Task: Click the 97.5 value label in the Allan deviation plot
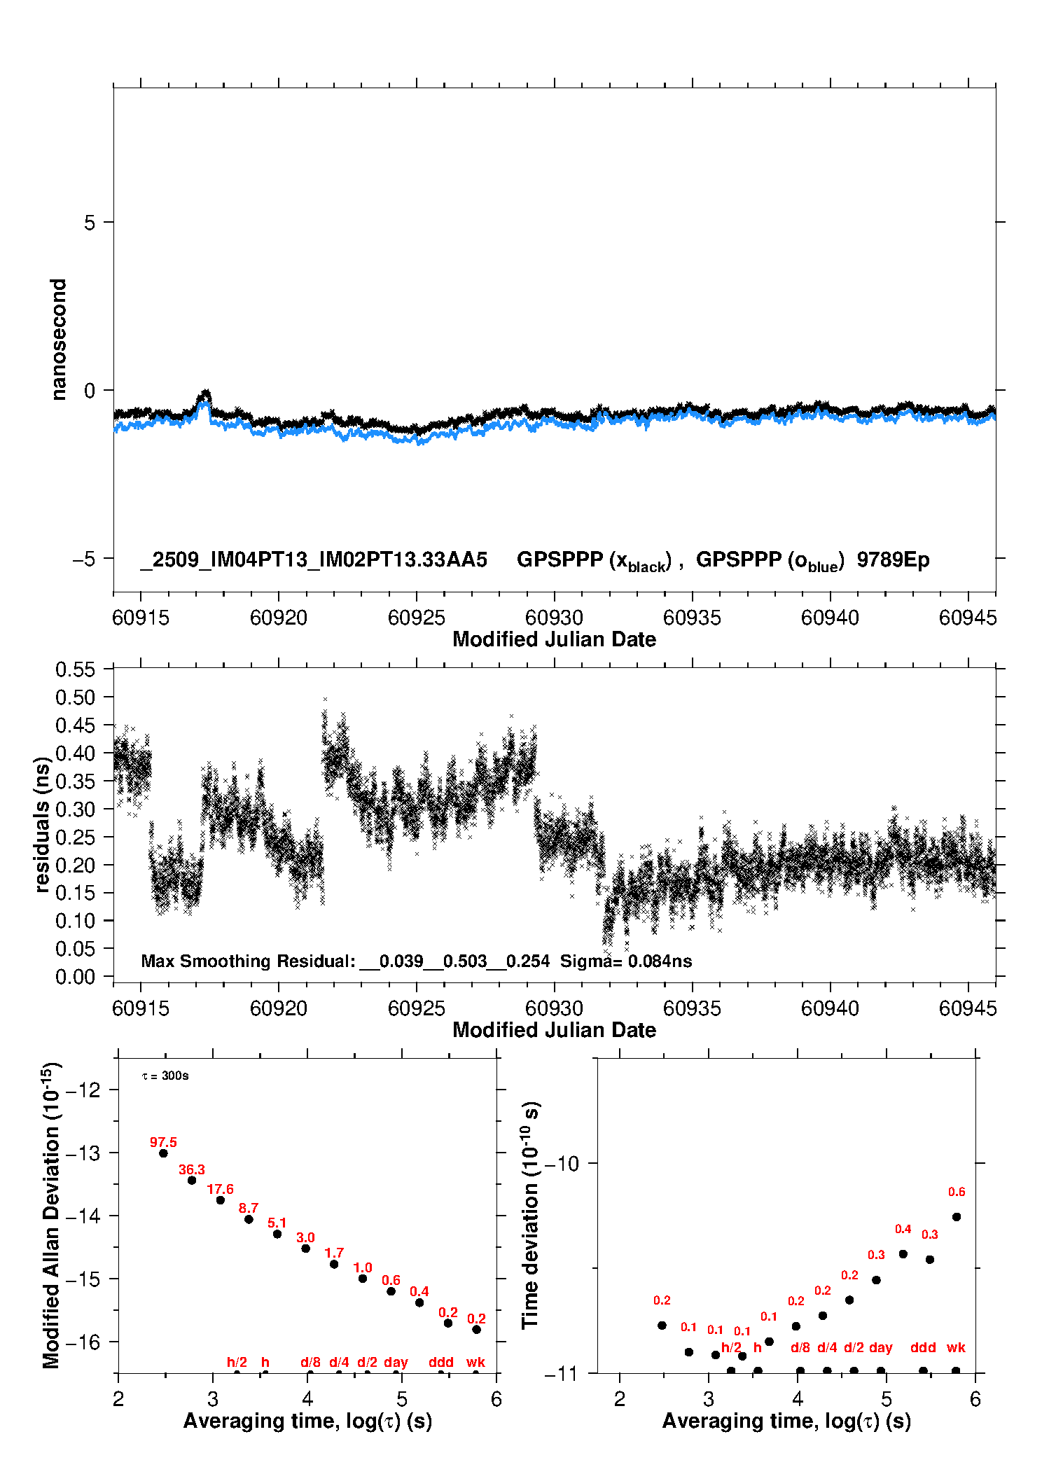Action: click(x=163, y=1142)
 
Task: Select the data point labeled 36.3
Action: click(x=192, y=1180)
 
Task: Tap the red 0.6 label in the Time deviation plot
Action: click(x=957, y=1192)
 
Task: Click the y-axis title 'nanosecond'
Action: click(x=59, y=340)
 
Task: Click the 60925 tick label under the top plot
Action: click(x=417, y=618)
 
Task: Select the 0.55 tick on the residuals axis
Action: click(x=75, y=669)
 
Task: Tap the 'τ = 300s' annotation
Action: click(x=165, y=1076)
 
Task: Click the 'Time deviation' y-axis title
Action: click(x=531, y=1216)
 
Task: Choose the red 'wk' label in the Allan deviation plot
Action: click(x=475, y=1362)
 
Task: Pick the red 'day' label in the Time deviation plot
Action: click(x=880, y=1347)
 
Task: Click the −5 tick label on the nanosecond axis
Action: click(x=83, y=559)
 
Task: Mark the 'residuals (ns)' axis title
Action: click(x=43, y=825)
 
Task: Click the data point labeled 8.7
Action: click(x=249, y=1219)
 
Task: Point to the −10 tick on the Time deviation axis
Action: click(x=562, y=1164)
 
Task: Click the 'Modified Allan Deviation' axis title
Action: click(x=51, y=1215)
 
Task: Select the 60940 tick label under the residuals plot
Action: click(x=830, y=1009)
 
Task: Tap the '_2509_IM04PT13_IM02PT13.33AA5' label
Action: click(x=314, y=560)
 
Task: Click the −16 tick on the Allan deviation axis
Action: click(x=83, y=1342)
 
